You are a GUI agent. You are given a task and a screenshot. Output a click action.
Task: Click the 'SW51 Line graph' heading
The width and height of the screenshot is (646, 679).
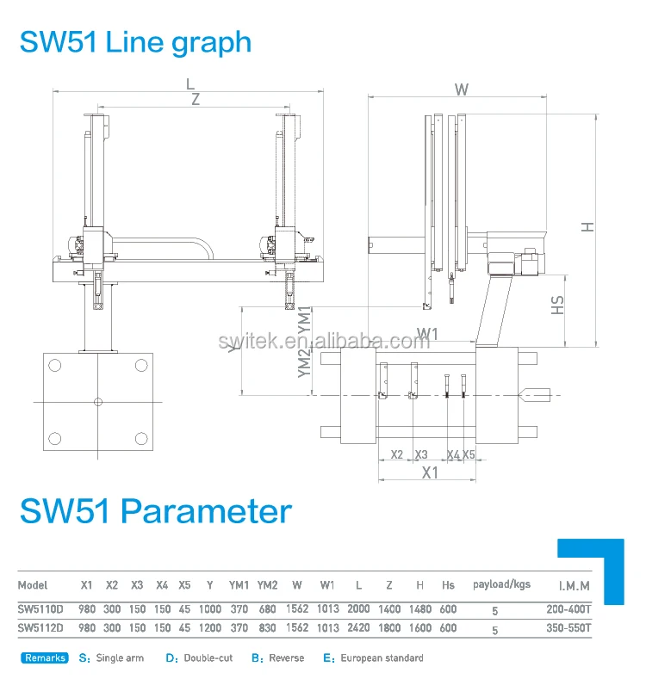click(x=135, y=42)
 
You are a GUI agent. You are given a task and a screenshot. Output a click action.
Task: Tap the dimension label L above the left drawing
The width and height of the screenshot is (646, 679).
click(x=189, y=83)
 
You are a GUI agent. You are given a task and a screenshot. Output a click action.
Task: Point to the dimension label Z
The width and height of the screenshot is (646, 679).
click(x=196, y=99)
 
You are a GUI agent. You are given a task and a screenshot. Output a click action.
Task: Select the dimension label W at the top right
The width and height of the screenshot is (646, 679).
click(x=462, y=89)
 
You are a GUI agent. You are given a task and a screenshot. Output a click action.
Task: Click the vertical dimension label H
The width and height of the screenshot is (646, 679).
click(x=587, y=227)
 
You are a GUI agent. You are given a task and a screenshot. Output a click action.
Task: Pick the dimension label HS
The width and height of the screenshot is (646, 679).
click(x=558, y=305)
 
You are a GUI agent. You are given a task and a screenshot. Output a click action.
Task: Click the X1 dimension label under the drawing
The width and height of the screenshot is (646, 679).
click(x=429, y=472)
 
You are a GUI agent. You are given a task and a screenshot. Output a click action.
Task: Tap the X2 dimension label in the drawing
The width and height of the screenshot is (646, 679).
click(x=397, y=454)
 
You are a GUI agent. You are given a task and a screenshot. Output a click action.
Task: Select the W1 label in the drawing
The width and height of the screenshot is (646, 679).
click(x=427, y=333)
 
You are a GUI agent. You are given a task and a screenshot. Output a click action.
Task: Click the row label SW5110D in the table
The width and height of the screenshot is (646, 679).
click(x=40, y=608)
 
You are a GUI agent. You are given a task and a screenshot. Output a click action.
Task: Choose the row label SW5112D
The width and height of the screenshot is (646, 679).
click(x=40, y=628)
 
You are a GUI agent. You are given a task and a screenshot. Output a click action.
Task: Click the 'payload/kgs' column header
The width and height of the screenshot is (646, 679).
click(x=502, y=584)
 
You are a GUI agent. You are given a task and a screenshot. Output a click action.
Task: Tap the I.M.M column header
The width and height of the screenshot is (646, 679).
click(x=574, y=586)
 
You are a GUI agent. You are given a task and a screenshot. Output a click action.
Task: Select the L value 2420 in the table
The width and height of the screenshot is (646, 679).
click(x=358, y=628)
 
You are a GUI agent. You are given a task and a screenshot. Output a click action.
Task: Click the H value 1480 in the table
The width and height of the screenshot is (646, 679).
click(x=419, y=608)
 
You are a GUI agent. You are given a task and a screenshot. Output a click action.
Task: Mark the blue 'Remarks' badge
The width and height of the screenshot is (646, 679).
click(x=45, y=658)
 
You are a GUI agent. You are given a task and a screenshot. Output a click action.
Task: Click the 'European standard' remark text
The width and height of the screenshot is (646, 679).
click(x=382, y=658)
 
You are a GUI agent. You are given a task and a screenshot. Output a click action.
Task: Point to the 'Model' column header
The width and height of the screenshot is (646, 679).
click(x=33, y=585)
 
